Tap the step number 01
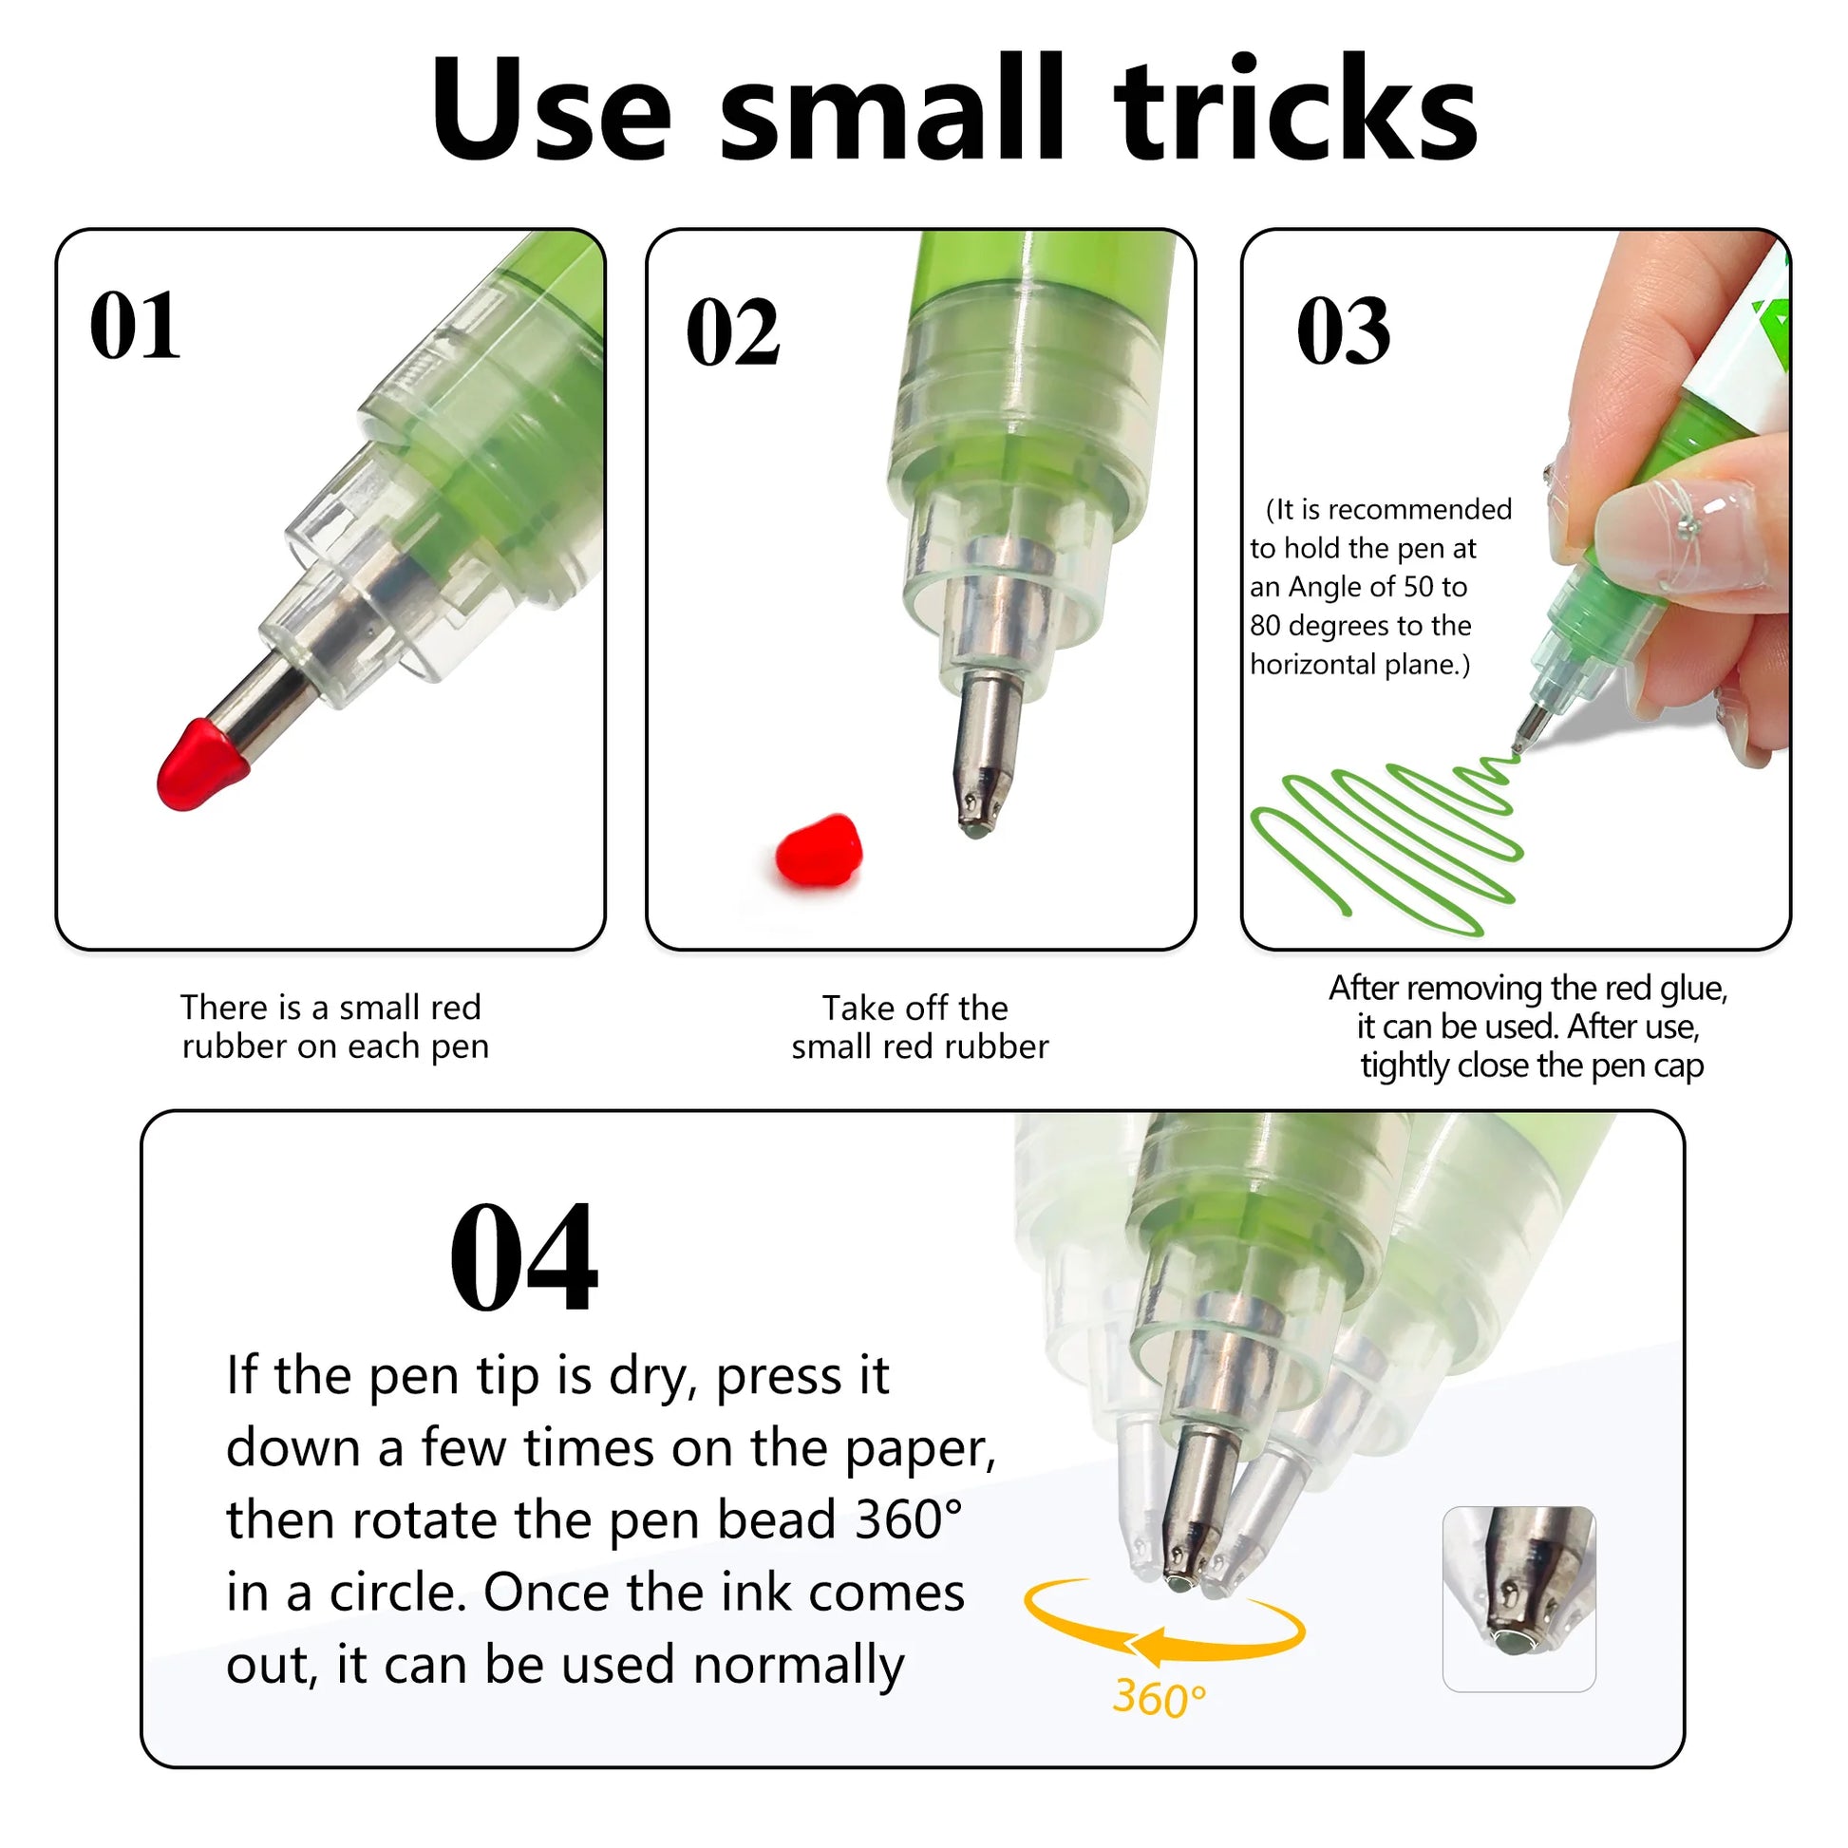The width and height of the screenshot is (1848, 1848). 135,326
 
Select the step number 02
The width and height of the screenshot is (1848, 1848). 734,332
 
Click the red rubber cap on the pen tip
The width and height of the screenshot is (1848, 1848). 201,765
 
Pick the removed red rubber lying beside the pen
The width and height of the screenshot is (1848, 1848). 819,849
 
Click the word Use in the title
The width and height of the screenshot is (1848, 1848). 551,109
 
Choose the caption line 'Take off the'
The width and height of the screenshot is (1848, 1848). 915,1009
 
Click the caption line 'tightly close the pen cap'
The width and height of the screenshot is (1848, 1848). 1533,1065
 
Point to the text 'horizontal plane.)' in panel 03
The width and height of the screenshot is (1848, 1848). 1360,665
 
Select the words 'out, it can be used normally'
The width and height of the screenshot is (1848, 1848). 565,1666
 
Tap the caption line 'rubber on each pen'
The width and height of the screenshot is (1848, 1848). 336,1047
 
